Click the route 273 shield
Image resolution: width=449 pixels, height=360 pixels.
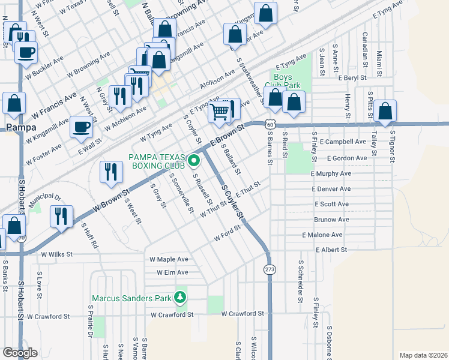270,270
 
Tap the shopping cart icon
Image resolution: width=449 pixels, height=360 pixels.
220,110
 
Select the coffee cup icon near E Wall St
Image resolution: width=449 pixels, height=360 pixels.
82,127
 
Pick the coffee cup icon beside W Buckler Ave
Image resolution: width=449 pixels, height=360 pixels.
26,52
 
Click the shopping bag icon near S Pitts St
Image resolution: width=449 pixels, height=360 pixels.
385,111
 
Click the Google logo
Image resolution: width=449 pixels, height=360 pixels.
20,353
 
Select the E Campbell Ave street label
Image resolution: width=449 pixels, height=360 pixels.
343,142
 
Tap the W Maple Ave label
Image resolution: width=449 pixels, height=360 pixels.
169,259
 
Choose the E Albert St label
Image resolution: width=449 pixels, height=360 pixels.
332,250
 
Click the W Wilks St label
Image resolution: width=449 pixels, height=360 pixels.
56,254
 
